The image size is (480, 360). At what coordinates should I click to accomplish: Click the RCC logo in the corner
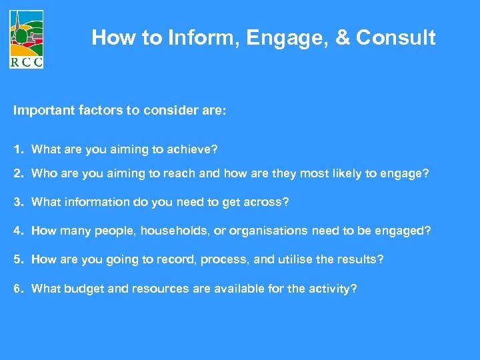pyautogui.click(x=27, y=39)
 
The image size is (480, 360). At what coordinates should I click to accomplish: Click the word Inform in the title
pyautogui.click(x=204, y=38)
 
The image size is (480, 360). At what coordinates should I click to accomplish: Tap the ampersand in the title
pyautogui.click(x=343, y=38)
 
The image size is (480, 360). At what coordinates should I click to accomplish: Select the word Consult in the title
pyautogui.click(x=395, y=38)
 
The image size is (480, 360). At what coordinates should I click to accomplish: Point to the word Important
pyautogui.click(x=43, y=110)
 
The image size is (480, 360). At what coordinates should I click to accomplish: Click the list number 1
pyautogui.click(x=17, y=149)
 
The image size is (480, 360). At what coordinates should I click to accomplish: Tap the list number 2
pyautogui.click(x=17, y=174)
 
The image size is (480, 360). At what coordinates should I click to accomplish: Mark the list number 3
pyautogui.click(x=17, y=202)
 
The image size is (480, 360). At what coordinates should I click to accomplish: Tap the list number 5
pyautogui.click(x=17, y=259)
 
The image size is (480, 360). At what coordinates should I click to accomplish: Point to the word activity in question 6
pyautogui.click(x=331, y=289)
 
